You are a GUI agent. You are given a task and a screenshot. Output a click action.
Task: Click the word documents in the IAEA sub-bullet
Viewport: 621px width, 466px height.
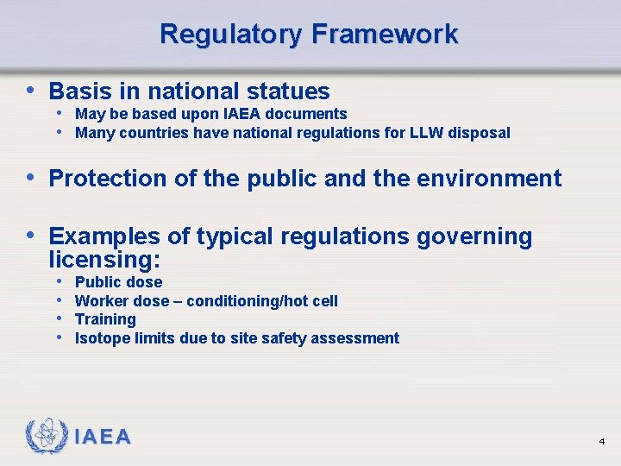306,114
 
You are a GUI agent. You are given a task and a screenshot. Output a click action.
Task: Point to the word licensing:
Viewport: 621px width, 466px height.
106,259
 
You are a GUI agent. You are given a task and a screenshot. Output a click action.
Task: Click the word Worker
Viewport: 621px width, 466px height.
99,301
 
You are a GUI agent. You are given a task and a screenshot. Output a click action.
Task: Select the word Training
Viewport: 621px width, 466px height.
105,319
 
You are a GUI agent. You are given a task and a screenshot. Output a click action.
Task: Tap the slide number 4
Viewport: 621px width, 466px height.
601,441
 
